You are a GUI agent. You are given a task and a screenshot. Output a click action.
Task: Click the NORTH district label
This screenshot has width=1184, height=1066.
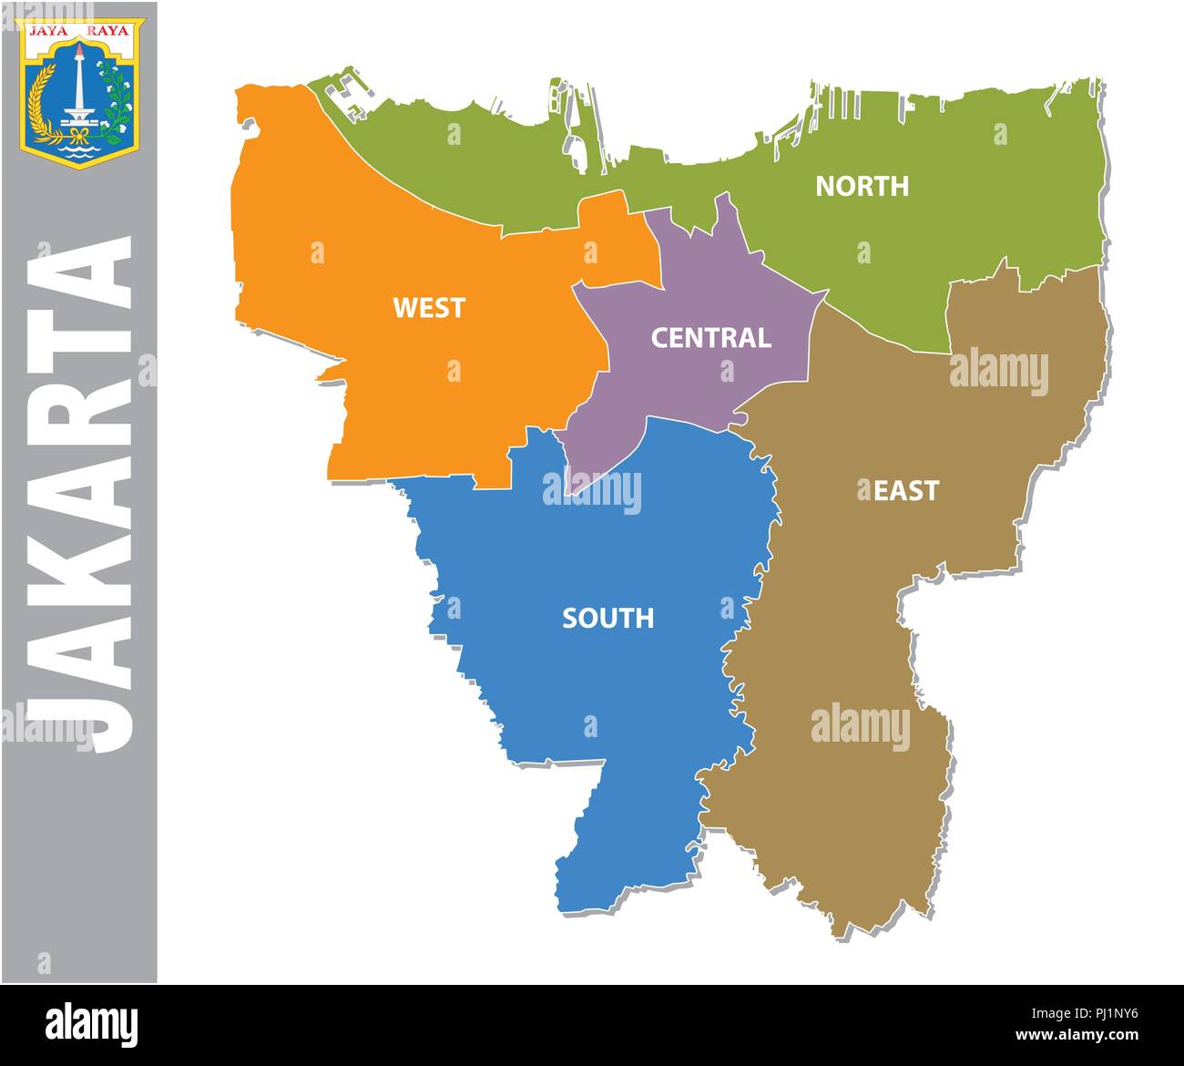coord(862,186)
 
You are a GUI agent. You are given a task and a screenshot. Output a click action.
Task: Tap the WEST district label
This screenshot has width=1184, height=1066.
coord(428,308)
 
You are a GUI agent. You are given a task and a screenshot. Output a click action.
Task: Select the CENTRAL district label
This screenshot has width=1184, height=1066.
coord(710,338)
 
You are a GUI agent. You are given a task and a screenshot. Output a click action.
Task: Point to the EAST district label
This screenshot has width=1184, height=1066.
coord(905,491)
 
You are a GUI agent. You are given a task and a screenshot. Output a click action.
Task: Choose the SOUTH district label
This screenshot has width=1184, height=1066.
coord(607,619)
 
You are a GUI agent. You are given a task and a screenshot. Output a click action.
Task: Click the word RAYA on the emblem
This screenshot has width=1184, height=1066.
coord(111,29)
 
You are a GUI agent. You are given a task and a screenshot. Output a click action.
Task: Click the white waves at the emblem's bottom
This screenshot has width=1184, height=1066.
coord(80,155)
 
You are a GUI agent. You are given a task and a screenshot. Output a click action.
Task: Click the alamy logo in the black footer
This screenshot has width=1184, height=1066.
coord(92,1025)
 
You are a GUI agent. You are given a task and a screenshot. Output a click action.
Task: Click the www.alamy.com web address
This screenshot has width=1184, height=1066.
coord(1085,1036)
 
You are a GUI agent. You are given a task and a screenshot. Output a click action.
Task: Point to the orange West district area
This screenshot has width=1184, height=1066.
coord(383,383)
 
